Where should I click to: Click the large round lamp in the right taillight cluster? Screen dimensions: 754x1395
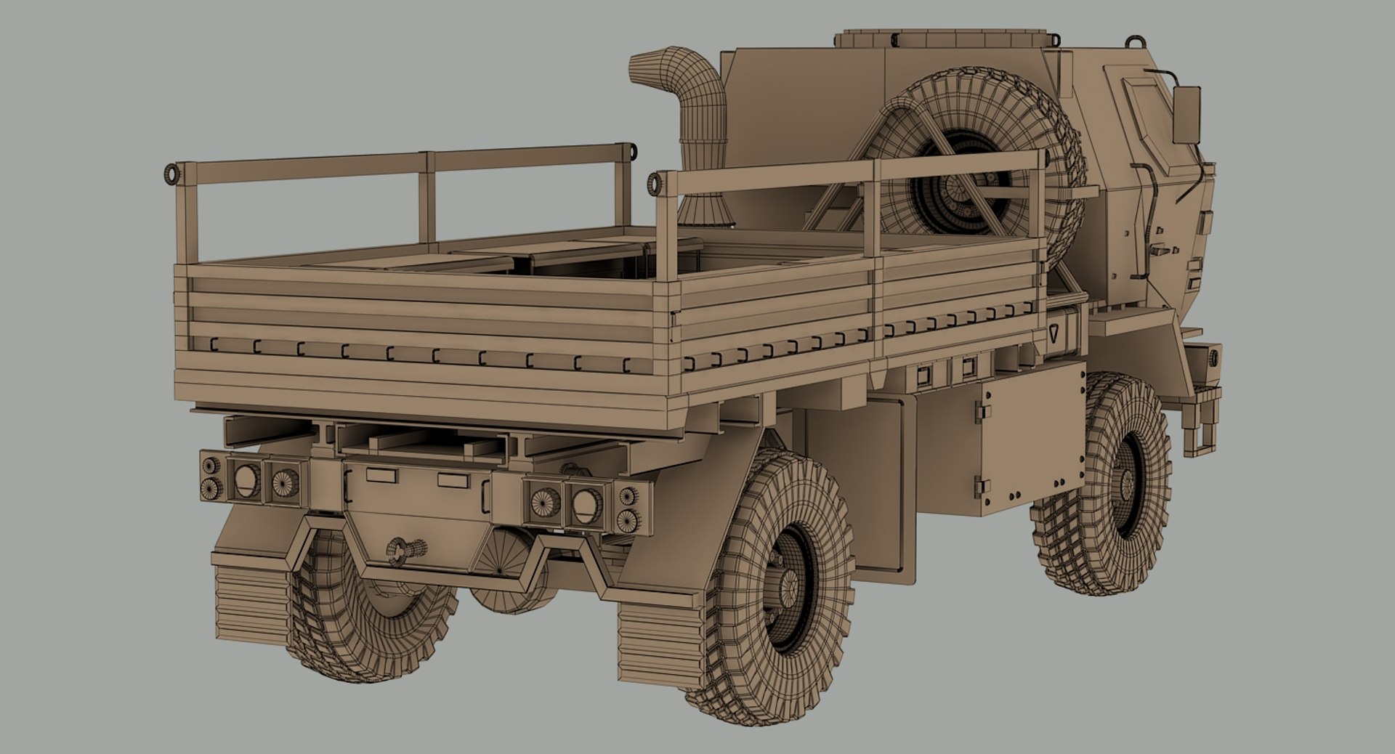point(587,504)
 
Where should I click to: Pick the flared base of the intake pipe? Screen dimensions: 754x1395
point(701,211)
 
